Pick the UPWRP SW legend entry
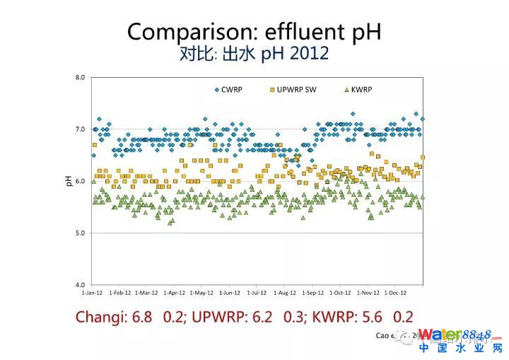(296, 90)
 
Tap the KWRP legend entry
(360, 90)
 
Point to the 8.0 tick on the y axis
(80, 77)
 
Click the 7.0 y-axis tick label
(80, 129)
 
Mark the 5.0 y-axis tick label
(80, 233)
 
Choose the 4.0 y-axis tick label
(80, 284)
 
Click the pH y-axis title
(69, 181)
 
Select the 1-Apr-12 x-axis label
(174, 292)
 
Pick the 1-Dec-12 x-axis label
(395, 292)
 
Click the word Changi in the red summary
(101, 317)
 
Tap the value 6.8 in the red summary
(142, 317)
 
